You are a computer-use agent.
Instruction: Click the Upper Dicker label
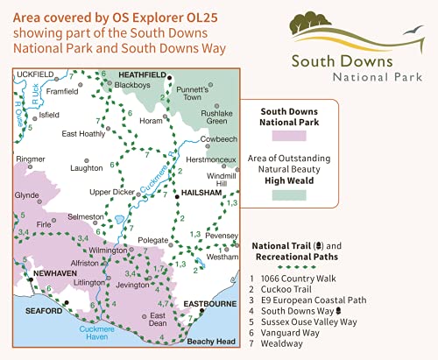pos(114,191)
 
